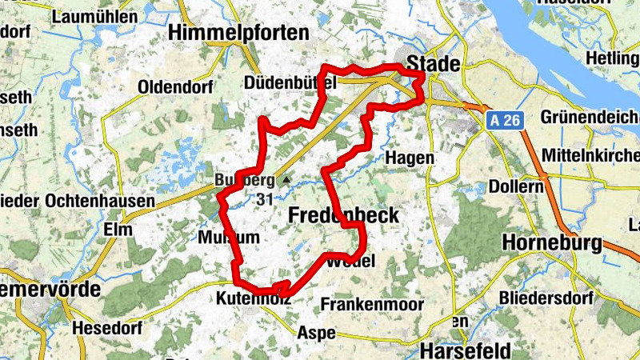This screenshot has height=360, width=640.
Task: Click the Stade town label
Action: (x=434, y=63)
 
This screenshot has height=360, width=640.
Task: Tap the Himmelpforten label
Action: (x=239, y=32)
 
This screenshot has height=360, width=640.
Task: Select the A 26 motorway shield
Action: (x=506, y=120)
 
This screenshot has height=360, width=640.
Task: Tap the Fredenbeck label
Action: (x=343, y=215)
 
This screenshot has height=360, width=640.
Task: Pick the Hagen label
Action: (x=410, y=158)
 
